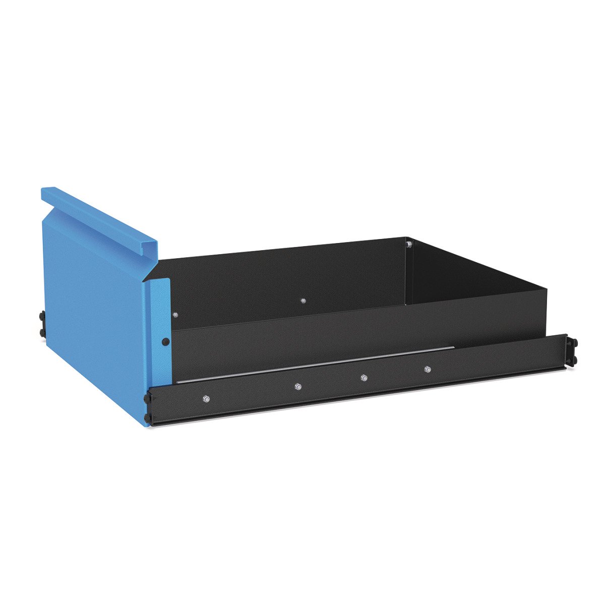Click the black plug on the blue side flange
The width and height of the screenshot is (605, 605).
pos(165,342)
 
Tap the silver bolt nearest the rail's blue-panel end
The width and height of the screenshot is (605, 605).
pos(206,399)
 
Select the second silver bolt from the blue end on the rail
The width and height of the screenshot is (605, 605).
pos(298,387)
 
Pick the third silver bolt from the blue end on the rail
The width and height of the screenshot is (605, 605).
pos(364,378)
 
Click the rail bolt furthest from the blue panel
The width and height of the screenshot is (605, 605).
pos(428,370)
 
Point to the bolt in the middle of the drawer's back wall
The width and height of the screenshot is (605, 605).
pos(303,301)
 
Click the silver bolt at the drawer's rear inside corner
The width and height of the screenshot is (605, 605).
pos(409,245)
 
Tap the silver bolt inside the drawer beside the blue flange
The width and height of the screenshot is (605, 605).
pos(175,315)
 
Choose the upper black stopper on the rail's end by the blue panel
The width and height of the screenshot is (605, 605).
pos(147,398)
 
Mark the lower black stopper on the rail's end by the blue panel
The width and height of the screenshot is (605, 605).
pos(147,418)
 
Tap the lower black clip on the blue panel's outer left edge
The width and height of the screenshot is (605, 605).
pos(41,332)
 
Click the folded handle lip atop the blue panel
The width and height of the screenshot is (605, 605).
pos(101,217)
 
